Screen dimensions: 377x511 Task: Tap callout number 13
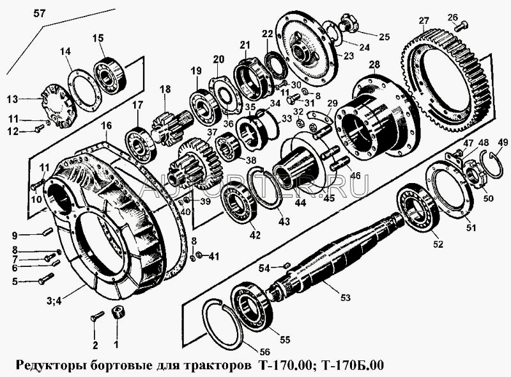click(13, 99)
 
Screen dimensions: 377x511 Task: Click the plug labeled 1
click(117, 314)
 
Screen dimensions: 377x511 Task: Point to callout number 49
click(503, 142)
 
